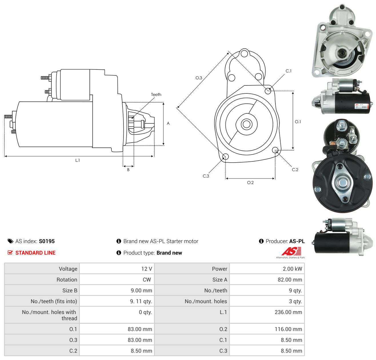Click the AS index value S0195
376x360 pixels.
click(x=47, y=241)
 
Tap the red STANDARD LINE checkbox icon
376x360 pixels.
click(x=10, y=253)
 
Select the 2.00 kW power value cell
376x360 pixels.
click(x=267, y=269)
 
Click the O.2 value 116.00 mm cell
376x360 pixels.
click(x=267, y=329)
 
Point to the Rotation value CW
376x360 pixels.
click(x=147, y=279)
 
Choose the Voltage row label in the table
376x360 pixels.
click(x=68, y=269)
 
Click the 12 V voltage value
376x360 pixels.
click(x=147, y=269)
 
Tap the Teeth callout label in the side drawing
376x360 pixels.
click(x=156, y=95)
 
